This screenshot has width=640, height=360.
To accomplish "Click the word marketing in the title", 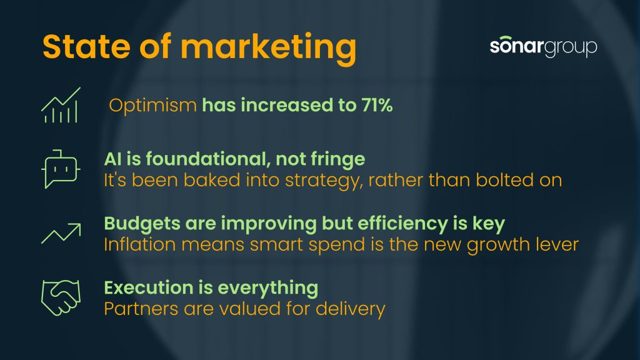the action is pos(269,49).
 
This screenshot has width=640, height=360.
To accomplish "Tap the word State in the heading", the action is pos(86,46).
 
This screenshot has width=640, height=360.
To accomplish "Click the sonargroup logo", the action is pos(543,46).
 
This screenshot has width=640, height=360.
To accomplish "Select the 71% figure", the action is pos(377,105).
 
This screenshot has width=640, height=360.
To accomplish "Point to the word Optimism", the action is pos(153,106).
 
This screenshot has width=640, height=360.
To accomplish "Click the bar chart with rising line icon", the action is pos(61,105).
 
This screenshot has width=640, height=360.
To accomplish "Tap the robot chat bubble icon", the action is pos(61,169).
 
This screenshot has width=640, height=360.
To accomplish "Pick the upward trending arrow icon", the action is pos(61,234).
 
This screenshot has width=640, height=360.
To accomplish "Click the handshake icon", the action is pos(61,297).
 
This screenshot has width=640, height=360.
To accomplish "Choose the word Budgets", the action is pos(142,224).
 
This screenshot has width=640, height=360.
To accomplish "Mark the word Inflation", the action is pos(139,244).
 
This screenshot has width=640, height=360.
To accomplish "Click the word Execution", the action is pos(149,287).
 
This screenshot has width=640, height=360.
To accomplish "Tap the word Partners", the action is pos(141,309).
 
